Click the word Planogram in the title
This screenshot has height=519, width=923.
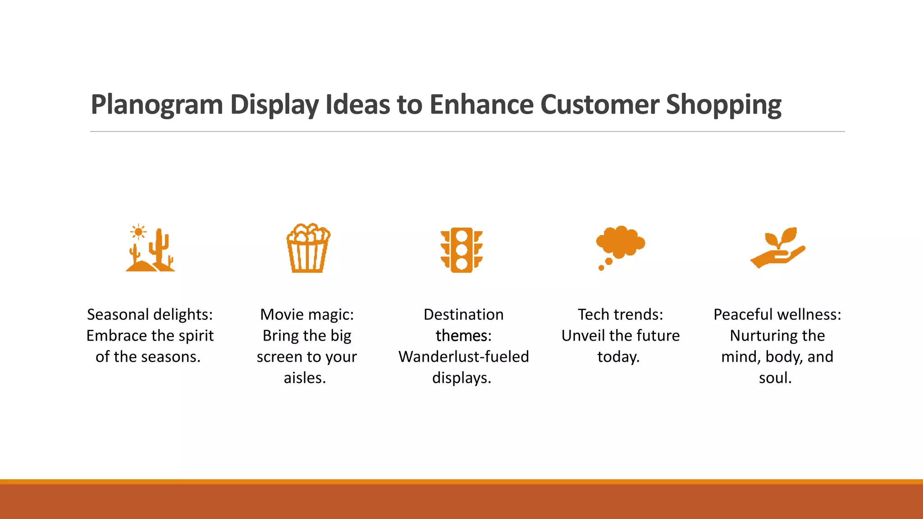point(157,105)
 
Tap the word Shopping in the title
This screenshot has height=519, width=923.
point(723,105)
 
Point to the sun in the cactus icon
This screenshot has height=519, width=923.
point(138,232)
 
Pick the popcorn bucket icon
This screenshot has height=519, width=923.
point(308,248)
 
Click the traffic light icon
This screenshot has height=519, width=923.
point(461,250)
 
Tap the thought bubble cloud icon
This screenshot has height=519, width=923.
point(621,242)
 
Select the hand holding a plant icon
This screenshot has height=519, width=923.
point(777,248)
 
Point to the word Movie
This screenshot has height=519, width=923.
point(281,314)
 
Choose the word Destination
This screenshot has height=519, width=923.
point(463,314)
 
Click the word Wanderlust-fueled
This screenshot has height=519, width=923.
point(463,357)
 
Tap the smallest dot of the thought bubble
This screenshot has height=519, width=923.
point(601,268)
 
